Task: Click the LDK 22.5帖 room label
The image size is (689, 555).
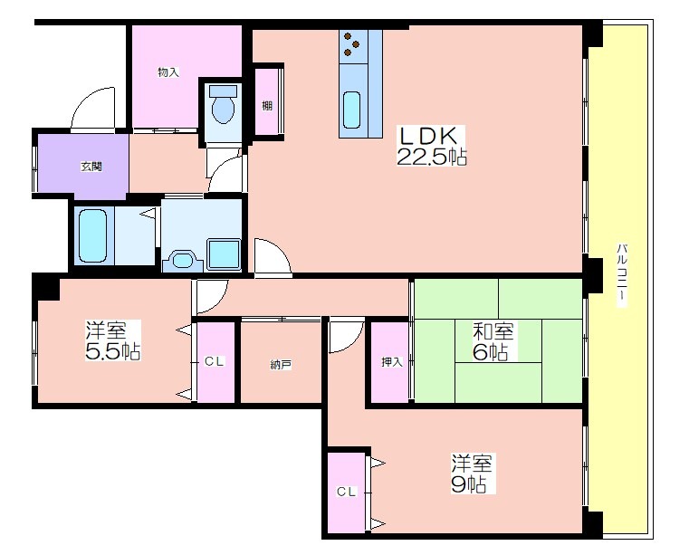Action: [431, 146]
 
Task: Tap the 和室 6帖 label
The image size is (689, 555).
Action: [493, 341]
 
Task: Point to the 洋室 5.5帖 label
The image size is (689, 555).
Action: [113, 340]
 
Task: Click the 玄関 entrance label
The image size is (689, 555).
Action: [91, 167]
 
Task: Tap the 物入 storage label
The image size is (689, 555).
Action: [168, 72]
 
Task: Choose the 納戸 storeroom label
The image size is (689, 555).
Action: [281, 364]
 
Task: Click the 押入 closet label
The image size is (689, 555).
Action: [391, 362]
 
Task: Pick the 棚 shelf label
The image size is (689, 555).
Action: [267, 105]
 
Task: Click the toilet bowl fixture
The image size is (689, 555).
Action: [224, 105]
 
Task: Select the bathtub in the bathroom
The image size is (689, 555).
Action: [93, 235]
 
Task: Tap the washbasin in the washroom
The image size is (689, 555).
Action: [183, 261]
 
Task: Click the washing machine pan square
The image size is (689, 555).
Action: [224, 254]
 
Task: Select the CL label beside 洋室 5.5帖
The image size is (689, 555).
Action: [215, 361]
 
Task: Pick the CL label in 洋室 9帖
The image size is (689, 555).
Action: [347, 493]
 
